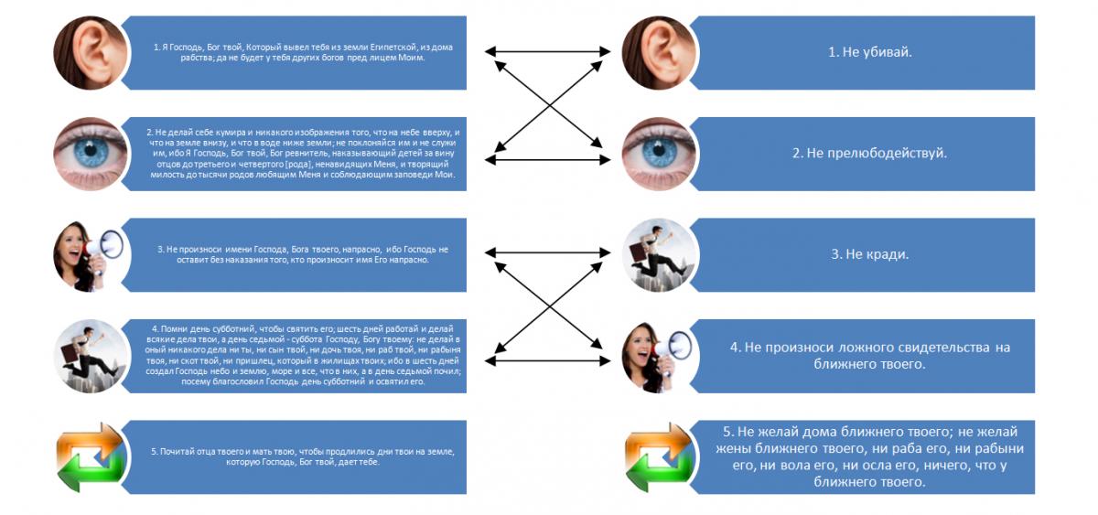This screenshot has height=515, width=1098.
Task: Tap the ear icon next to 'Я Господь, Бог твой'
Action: (x=90, y=52)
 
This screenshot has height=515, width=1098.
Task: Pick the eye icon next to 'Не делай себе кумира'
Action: (x=90, y=153)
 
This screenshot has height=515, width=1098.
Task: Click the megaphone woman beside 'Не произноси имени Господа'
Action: (x=90, y=254)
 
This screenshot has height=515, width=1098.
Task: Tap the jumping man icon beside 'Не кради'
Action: (x=661, y=254)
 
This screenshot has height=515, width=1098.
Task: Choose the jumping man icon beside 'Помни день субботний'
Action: (x=90, y=356)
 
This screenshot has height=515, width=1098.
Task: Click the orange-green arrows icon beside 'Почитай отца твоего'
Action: (x=90, y=456)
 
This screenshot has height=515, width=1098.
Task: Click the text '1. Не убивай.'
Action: (x=869, y=52)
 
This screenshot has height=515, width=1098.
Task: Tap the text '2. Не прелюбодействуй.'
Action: (x=869, y=153)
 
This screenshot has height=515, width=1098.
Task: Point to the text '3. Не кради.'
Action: (x=869, y=254)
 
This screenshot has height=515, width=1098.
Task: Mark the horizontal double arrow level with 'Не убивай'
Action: (x=546, y=52)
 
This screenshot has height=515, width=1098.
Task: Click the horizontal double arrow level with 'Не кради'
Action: (x=546, y=252)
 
